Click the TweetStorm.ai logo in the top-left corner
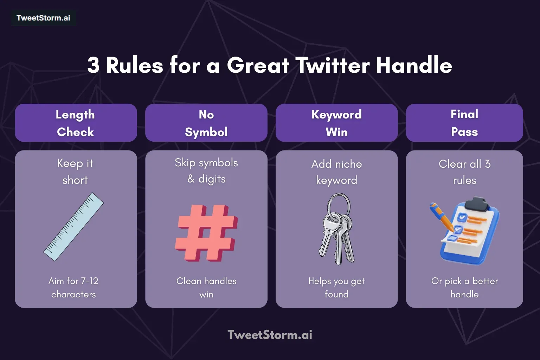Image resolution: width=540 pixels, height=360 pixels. (x=43, y=18)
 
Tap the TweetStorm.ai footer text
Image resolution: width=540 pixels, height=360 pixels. (x=270, y=335)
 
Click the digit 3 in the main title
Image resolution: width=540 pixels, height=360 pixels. (x=94, y=65)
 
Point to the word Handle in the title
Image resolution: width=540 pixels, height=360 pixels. (x=414, y=65)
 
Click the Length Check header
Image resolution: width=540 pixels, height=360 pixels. (x=76, y=123)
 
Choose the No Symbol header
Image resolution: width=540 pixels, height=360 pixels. (x=206, y=123)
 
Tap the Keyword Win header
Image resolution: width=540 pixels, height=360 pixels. (x=336, y=123)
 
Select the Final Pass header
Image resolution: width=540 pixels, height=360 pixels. (x=464, y=123)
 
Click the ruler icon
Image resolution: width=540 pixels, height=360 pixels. (x=73, y=227)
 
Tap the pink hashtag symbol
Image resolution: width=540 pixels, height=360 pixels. (x=206, y=232)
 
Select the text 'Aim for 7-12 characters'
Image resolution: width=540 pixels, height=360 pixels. (x=73, y=288)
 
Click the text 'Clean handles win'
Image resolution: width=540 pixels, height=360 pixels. (x=206, y=288)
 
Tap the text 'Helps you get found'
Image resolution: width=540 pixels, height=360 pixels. (x=336, y=288)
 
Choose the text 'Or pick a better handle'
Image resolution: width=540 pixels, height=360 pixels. (x=464, y=288)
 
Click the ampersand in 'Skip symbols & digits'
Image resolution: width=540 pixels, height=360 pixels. (x=191, y=179)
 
